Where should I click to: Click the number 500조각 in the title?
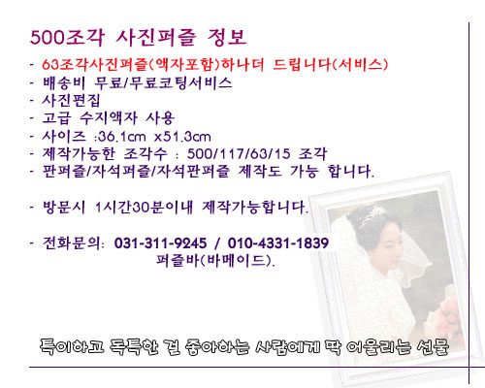[67, 37]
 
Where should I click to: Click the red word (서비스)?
[360, 64]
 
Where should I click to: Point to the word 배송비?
[64, 82]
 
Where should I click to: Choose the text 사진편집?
[71, 100]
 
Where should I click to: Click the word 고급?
[56, 117]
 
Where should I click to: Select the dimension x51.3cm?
[182, 137]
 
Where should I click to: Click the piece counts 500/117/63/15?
[239, 154]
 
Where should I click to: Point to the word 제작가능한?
[79, 153]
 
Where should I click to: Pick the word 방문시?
[64, 207]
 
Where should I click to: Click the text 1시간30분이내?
[144, 207]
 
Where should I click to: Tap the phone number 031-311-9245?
[160, 243]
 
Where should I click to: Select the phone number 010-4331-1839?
[278, 243]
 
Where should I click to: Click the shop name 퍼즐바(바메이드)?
[215, 260]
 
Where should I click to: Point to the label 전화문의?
[72, 242]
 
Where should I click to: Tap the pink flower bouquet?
[448, 315]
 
